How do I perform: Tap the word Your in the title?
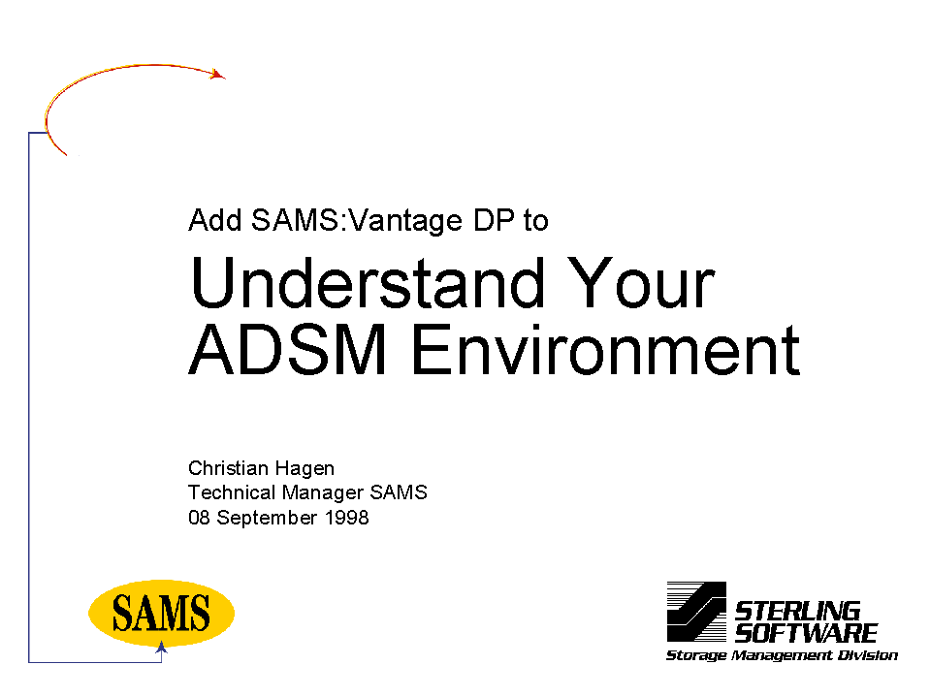click(641, 283)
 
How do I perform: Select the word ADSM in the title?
click(288, 350)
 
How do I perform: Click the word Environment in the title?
click(605, 350)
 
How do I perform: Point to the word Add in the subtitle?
click(215, 220)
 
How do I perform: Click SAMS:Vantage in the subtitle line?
click(357, 220)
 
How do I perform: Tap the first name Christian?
click(228, 468)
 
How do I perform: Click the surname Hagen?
click(305, 469)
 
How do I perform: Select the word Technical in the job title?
click(232, 492)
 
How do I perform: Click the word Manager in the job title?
click(323, 493)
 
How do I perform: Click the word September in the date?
click(267, 519)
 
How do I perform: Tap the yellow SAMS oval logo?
click(161, 613)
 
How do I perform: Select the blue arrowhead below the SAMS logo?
click(161, 648)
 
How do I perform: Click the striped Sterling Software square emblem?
click(696, 612)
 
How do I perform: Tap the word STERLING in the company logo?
click(798, 611)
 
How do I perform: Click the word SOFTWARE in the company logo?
click(806, 633)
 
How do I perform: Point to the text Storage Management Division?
click(783, 655)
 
